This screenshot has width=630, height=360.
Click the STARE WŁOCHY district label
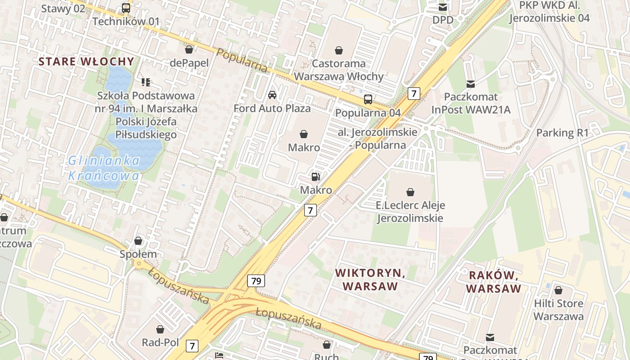86,62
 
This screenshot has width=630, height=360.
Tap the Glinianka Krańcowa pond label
104,168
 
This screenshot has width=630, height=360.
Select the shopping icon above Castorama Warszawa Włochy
339,50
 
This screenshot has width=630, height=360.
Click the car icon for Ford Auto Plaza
272,95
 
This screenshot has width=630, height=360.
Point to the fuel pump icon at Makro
316,177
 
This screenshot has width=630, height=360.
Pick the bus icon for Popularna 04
368,99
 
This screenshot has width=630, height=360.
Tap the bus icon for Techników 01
126,8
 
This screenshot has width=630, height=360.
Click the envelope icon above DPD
443,7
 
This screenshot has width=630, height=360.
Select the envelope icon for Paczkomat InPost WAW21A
471,84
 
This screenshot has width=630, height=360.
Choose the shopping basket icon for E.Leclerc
410,193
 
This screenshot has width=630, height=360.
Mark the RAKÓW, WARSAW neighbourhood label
494,282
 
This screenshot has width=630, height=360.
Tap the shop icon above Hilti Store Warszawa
558,290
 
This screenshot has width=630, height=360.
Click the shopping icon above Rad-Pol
160,329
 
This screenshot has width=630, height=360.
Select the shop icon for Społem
138,241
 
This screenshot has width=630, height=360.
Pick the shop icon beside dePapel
189,49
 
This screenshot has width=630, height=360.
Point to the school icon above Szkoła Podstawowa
146,82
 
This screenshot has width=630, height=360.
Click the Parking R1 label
562,133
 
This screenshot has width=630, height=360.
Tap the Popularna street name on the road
242,60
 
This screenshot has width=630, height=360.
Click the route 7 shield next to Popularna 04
414,94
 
